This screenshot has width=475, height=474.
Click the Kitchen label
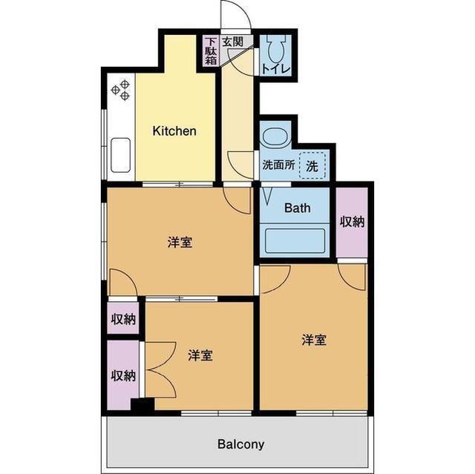(x=174, y=131)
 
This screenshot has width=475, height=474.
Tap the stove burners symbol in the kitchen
(x=121, y=90)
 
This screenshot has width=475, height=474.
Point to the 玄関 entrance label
(x=232, y=42)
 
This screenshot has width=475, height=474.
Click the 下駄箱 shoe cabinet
(x=212, y=51)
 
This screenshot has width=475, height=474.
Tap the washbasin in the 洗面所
(x=273, y=138)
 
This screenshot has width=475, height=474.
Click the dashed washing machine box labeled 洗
(x=312, y=165)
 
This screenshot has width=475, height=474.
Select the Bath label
(x=298, y=208)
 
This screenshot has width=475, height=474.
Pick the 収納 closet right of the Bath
(x=352, y=222)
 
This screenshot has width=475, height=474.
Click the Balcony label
(x=240, y=445)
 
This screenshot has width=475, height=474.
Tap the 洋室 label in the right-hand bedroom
(x=314, y=340)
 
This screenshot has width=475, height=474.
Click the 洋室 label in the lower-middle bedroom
(x=200, y=355)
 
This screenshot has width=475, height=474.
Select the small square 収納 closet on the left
(x=123, y=319)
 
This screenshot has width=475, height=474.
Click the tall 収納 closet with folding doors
(x=123, y=375)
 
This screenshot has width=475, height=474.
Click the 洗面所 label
(x=278, y=165)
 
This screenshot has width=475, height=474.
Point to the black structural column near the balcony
(x=142, y=406)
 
